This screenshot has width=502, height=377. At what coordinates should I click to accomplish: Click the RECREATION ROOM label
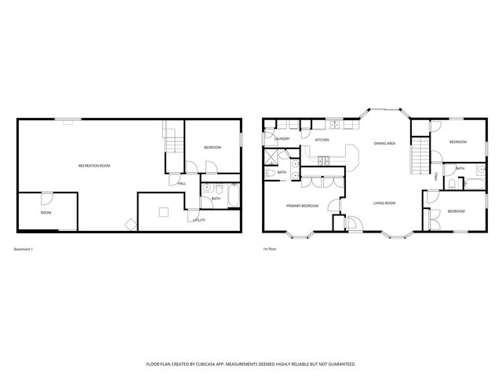point(93,166)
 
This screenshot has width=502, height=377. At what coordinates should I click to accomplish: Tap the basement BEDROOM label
point(212,148)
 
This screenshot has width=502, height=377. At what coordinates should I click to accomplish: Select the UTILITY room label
point(199,221)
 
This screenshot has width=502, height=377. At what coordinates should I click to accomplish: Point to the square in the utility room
point(162,210)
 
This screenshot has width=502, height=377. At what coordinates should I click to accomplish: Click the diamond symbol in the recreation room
point(129,225)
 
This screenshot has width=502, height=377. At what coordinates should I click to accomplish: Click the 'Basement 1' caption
point(24,249)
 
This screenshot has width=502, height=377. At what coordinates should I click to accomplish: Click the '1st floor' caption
point(271,249)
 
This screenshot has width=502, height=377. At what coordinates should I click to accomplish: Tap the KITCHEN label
point(322,140)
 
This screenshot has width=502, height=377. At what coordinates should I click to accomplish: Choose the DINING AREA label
point(384,144)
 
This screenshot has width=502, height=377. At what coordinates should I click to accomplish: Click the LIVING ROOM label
point(384,203)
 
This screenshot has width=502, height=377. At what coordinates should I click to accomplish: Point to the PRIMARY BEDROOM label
point(302,206)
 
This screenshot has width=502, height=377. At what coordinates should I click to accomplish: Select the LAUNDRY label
point(282,139)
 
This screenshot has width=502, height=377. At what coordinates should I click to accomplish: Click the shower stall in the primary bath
point(271,171)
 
